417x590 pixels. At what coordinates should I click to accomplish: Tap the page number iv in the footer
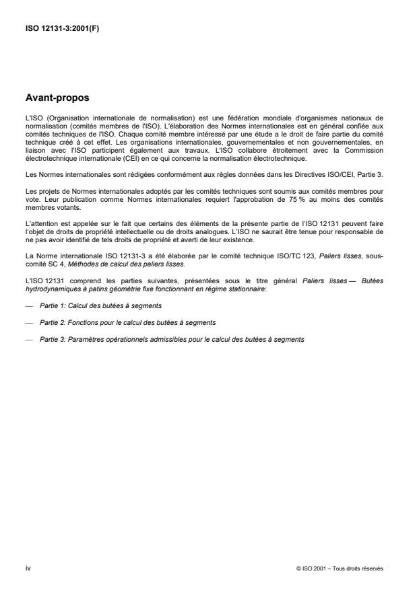coord(28,568)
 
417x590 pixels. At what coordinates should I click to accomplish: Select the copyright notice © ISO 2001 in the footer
coord(340,568)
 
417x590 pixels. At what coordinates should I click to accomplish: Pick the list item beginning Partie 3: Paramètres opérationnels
coord(172,340)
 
